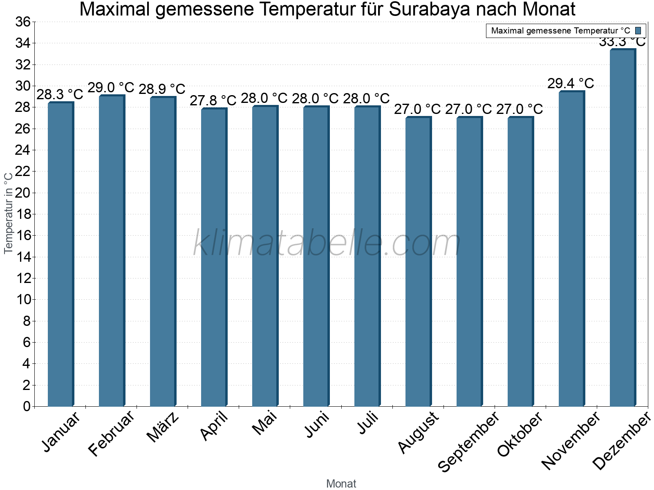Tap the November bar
pyautogui.click(x=571, y=249)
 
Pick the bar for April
pyautogui.click(x=213, y=257)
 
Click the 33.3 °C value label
pyautogui.click(x=622, y=42)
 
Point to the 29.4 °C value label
pyautogui.click(x=571, y=84)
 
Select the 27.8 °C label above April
pyautogui.click(x=213, y=100)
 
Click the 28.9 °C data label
pyautogui.click(x=162, y=89)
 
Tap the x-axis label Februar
pyautogui.click(x=111, y=433)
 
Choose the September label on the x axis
pyautogui.click(x=468, y=441)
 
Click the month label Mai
pyautogui.click(x=264, y=423)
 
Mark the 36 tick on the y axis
pyautogui.click(x=23, y=22)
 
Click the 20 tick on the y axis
pyautogui.click(x=23, y=193)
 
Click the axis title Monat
pyautogui.click(x=341, y=484)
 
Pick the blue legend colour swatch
pyautogui.click(x=638, y=31)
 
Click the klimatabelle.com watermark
pyautogui.click(x=327, y=243)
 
